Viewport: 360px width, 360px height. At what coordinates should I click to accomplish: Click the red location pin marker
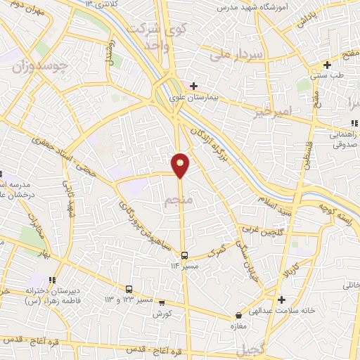(181, 165)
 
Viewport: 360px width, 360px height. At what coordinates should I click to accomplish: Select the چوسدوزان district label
(40, 65)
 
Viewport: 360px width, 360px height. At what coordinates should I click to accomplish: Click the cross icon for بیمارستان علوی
(193, 86)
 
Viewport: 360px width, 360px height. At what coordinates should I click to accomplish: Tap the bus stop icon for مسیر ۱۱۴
(184, 255)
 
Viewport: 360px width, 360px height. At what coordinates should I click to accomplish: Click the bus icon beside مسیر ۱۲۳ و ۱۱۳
(129, 289)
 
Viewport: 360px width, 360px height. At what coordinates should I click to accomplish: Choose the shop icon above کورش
(162, 303)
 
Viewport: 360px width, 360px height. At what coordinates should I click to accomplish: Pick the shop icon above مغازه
(239, 315)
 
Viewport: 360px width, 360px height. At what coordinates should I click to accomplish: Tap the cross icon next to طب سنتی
(327, 65)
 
